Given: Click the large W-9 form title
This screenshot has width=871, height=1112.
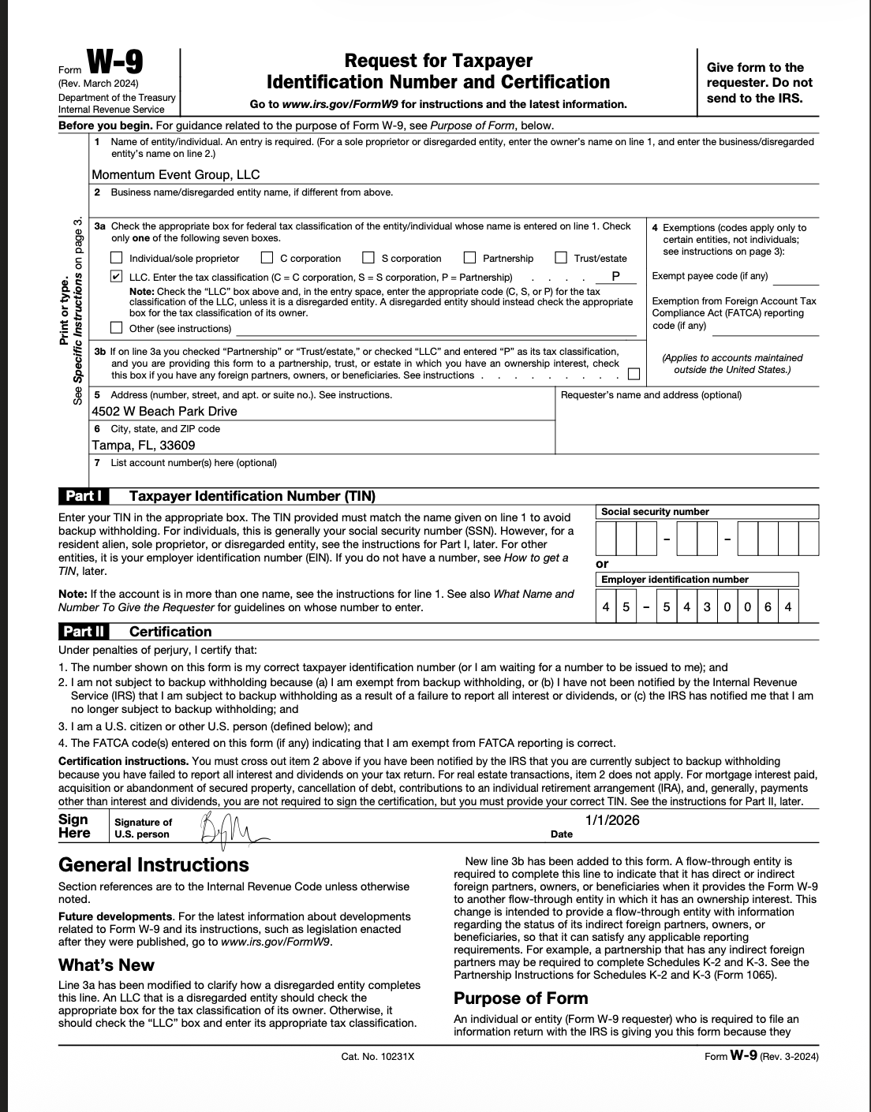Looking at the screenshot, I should [x=115, y=62].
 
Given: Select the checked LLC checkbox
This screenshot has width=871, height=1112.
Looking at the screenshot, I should [x=117, y=277].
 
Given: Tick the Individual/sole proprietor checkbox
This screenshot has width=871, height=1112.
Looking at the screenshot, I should [x=117, y=258].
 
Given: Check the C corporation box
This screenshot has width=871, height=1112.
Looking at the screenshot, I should [x=267, y=258].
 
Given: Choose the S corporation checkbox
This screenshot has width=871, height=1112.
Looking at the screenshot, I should [x=368, y=258].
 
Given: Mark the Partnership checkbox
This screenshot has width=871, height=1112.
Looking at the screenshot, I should [x=470, y=258].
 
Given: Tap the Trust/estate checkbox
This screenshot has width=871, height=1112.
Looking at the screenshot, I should [x=561, y=258].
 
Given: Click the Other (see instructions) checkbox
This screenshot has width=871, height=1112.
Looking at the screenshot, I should [x=117, y=328].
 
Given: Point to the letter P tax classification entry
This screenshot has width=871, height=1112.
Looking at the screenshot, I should [x=615, y=277].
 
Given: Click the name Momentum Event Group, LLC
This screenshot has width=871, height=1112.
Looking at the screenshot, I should [x=176, y=175].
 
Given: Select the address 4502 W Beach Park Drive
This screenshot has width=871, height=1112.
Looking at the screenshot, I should [x=164, y=412].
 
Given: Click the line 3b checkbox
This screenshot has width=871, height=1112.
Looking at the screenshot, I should [x=634, y=375].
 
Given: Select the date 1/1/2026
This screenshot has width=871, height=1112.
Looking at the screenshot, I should [x=612, y=820].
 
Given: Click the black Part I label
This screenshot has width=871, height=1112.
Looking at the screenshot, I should [x=83, y=496].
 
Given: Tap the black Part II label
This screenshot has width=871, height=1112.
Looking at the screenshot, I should [x=84, y=632].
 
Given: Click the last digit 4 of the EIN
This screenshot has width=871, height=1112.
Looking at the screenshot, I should [x=788, y=607].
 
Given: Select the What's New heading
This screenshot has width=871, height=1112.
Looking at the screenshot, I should [x=107, y=965].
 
